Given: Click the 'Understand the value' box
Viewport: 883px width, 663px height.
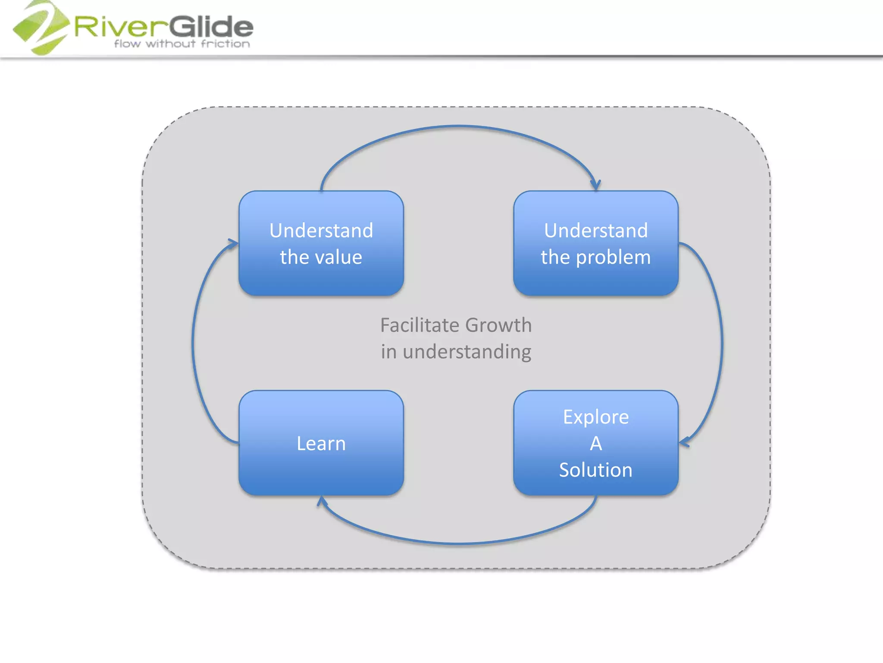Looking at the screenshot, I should coord(321,243).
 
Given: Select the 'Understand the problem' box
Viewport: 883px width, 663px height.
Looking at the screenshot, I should coord(595,243).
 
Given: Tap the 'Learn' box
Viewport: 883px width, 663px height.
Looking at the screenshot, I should coord(321,443).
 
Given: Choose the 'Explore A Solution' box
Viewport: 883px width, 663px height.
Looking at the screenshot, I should coord(595,443).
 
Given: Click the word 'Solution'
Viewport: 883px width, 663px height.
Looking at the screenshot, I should coord(595,470).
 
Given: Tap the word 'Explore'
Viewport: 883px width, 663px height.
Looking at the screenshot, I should coord(595,417).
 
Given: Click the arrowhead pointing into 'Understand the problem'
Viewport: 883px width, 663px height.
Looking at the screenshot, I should coord(595,185).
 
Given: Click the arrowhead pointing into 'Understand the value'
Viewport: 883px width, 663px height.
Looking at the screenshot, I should coord(233,243).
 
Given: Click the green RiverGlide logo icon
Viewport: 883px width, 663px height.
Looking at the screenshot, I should coord(41,28).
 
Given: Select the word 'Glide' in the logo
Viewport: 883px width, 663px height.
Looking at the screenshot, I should coord(211,27).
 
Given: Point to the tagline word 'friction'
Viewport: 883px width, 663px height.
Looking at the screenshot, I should coord(225,44).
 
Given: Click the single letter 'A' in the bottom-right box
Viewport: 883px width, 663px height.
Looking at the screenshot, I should coord(595,443).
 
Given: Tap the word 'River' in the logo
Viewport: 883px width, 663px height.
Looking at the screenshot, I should coord(121,27).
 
